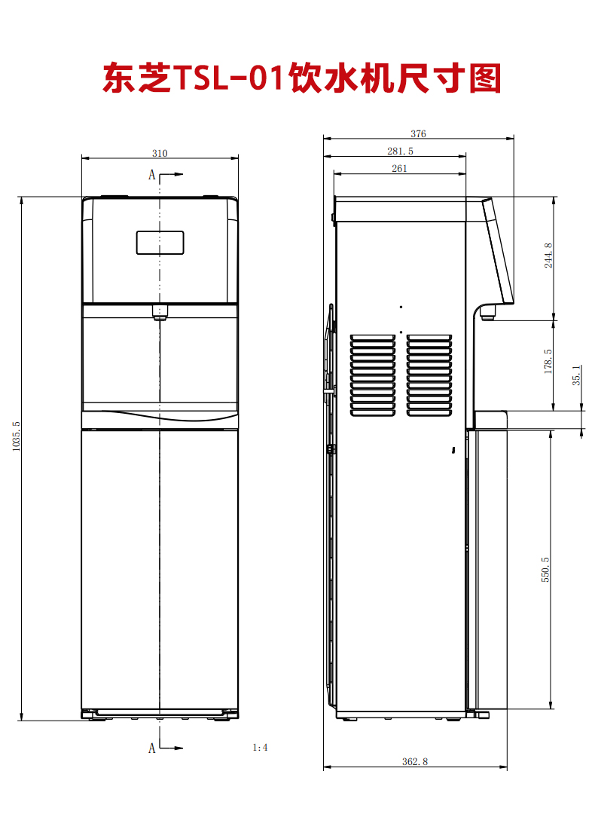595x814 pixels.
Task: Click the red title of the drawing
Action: point(302,78)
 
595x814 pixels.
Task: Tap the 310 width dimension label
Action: point(160,153)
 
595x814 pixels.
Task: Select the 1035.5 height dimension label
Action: point(16,436)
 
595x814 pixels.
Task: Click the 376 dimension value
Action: point(418,133)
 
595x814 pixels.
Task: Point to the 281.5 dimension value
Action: point(400,151)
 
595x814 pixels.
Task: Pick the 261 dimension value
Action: point(399,168)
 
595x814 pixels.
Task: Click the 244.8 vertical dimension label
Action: point(548,256)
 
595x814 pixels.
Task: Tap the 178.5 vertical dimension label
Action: point(548,361)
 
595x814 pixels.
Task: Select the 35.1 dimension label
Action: point(576,375)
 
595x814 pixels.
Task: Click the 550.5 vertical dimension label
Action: point(545,570)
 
